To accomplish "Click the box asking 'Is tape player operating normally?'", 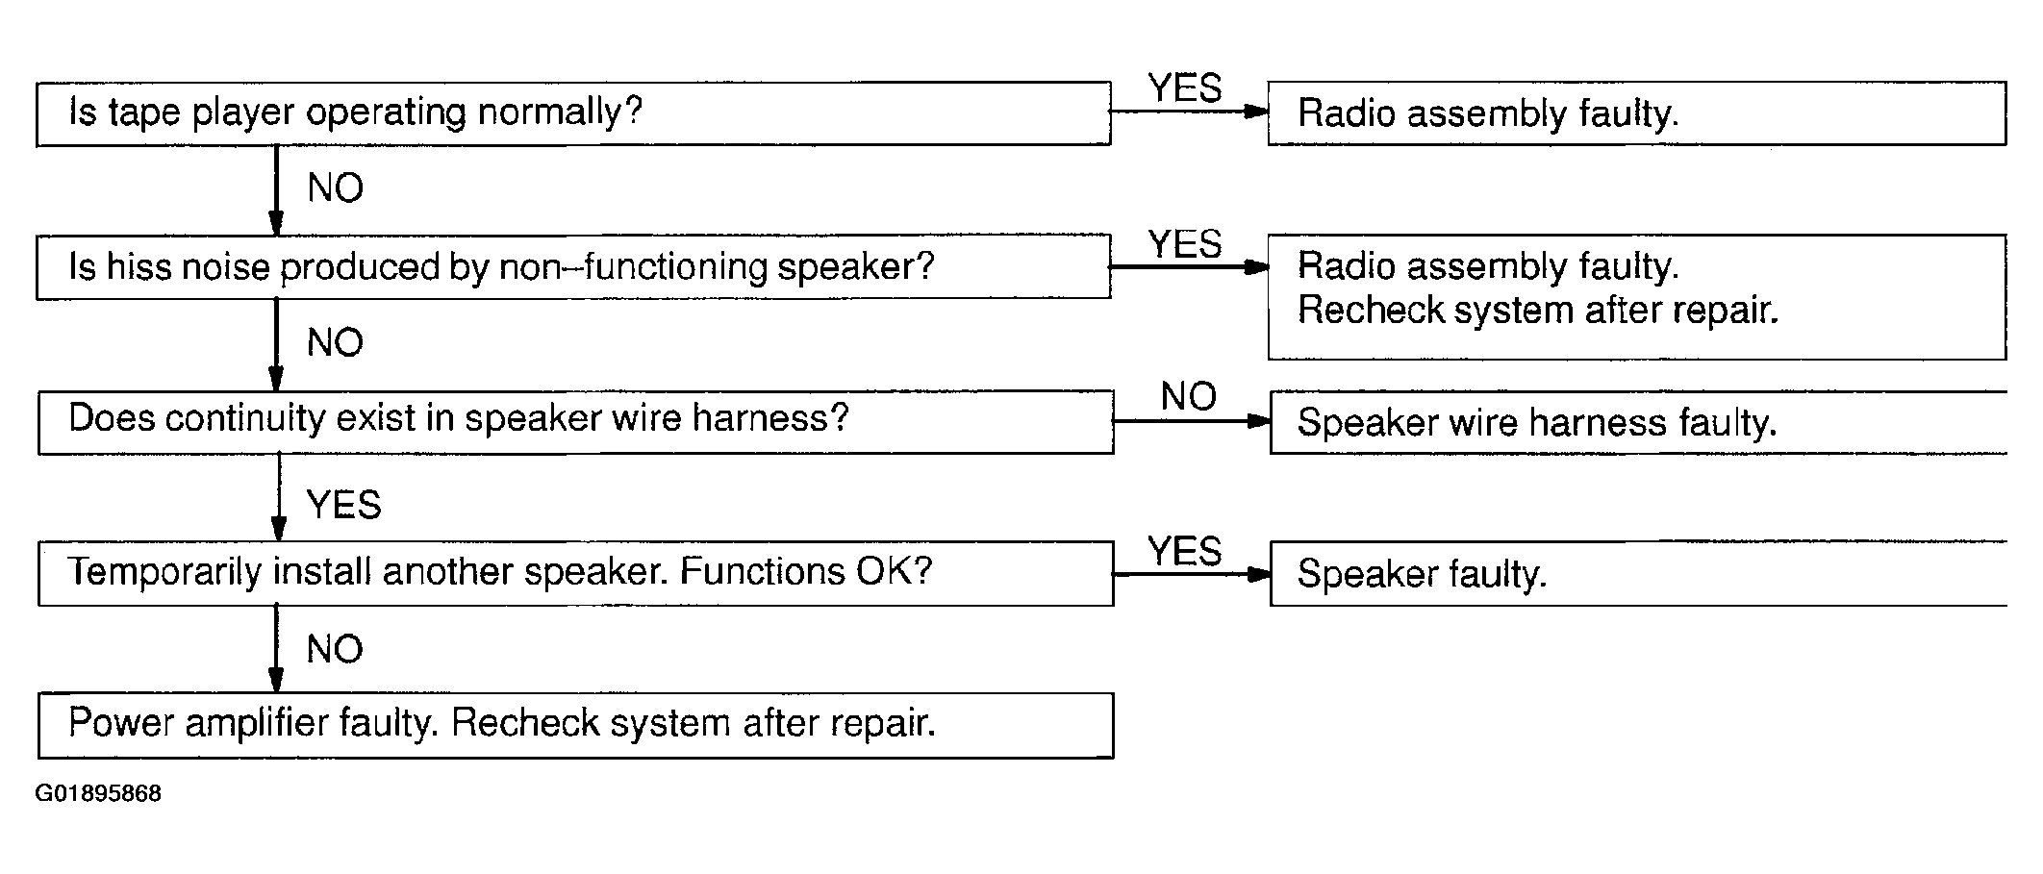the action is (x=573, y=113).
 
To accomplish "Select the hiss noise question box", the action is (x=573, y=266).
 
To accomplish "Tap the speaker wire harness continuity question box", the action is (x=575, y=421).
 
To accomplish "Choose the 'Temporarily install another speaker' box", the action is (x=575, y=573).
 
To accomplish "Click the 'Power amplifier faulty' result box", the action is (x=575, y=725).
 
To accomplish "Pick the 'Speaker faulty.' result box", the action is (x=1638, y=573).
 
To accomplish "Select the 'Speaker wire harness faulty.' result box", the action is (x=1638, y=421).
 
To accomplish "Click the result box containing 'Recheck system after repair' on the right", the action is (x=1636, y=296).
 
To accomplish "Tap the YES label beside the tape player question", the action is (x=1185, y=88).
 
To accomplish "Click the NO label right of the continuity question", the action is (x=1189, y=396).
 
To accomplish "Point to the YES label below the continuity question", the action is (x=343, y=505).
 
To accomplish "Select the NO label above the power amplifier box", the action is (x=335, y=649).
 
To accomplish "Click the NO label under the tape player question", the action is (x=335, y=187).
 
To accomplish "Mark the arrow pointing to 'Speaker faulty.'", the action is (x=1192, y=574).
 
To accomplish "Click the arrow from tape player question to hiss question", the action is (x=276, y=189).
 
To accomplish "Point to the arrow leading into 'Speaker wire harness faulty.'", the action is (x=1192, y=421).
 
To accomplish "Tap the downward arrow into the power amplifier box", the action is (x=276, y=649).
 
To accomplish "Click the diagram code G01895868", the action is (x=98, y=794).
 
